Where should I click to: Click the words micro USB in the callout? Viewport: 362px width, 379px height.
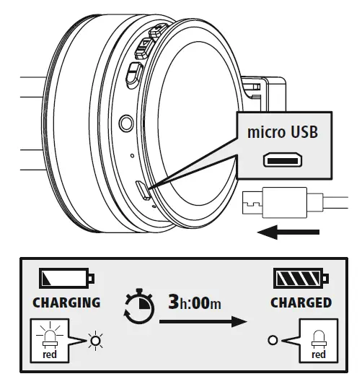(x=283, y=132)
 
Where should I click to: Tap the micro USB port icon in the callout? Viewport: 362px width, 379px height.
(x=283, y=160)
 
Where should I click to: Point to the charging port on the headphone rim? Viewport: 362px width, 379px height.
(x=143, y=191)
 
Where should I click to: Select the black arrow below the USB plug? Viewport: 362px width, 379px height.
(x=288, y=232)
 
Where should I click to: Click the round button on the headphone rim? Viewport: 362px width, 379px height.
(x=126, y=123)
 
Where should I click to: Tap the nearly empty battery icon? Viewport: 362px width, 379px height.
(x=66, y=278)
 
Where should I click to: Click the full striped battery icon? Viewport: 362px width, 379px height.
(x=301, y=278)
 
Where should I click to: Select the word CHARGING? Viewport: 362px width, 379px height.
(x=66, y=302)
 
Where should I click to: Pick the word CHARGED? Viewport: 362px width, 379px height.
(x=301, y=302)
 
